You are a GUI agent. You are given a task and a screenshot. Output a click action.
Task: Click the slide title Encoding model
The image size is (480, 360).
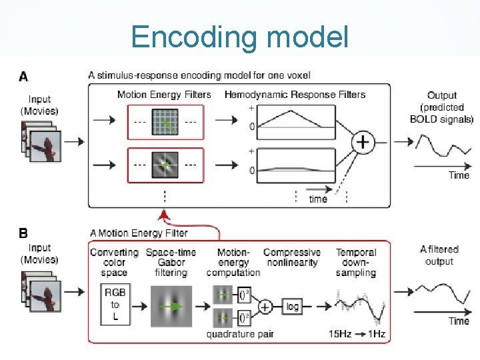(239, 37)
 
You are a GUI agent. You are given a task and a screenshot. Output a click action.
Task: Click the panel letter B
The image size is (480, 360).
(24, 234)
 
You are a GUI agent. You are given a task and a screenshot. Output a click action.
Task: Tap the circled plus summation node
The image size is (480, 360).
(363, 142)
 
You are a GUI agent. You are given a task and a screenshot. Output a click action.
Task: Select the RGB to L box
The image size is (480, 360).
(115, 305)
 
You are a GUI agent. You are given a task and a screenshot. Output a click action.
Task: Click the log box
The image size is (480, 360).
(292, 307)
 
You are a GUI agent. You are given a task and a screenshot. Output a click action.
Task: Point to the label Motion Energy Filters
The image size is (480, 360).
(164, 95)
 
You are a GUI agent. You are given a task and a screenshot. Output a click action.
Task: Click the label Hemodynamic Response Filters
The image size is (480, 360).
(295, 95)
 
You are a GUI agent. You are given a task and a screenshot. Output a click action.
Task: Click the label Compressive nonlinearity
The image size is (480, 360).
(291, 257)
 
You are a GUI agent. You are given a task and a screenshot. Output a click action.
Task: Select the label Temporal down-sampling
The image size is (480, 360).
(356, 262)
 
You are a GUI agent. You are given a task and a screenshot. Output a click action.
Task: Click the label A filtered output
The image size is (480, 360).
(439, 255)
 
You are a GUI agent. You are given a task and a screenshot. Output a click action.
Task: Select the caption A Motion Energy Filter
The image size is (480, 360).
(139, 233)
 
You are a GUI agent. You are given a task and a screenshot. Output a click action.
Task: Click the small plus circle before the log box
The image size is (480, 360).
(265, 307)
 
